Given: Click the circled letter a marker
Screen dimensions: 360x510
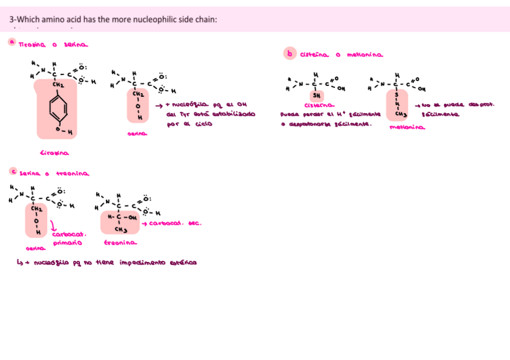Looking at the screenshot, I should [x=11, y=42].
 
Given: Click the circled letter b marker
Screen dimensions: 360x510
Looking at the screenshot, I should [x=289, y=54].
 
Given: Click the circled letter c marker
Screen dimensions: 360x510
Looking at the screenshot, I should [x=13, y=171].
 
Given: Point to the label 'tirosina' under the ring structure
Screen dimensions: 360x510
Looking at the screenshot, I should [x=54, y=153].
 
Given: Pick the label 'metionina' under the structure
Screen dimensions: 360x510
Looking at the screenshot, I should [x=407, y=127].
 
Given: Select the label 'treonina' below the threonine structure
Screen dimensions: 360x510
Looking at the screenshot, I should [x=120, y=243].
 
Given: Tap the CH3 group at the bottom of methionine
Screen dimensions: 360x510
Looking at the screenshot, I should [x=397, y=114].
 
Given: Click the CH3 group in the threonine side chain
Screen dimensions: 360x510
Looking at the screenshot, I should [x=120, y=229].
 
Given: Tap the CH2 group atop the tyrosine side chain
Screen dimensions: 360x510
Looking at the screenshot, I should [x=58, y=85].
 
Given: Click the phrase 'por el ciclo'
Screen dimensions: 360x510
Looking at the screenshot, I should [x=185, y=124].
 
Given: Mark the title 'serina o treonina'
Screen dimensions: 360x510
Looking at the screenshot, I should [x=54, y=173].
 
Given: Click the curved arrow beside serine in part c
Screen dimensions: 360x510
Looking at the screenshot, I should [x=54, y=227].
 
